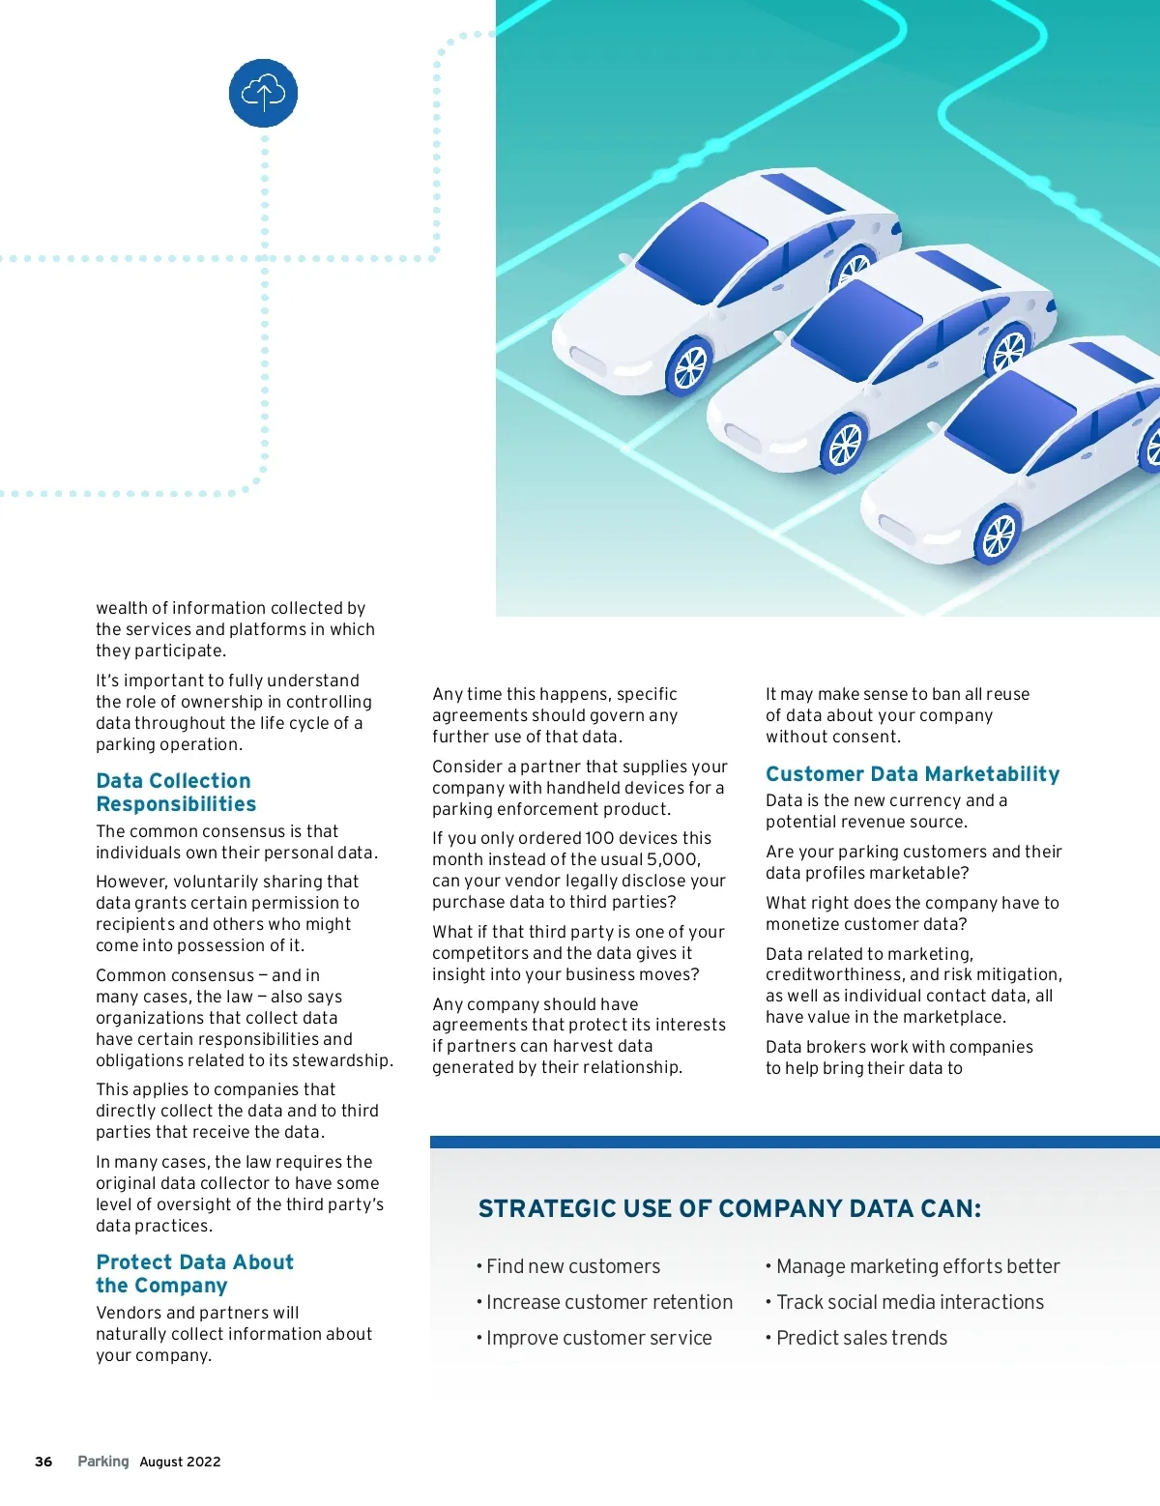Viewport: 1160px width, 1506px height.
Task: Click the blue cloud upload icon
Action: click(x=263, y=93)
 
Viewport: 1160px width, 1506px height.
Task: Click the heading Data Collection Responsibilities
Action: click(x=176, y=793)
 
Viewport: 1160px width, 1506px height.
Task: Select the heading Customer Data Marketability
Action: click(x=913, y=774)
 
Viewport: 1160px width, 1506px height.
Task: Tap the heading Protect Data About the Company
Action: click(x=194, y=1274)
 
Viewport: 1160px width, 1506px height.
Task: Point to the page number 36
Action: click(x=43, y=1462)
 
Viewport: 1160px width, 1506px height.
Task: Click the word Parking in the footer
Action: click(x=103, y=1462)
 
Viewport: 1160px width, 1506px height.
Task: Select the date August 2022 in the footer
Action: click(x=180, y=1462)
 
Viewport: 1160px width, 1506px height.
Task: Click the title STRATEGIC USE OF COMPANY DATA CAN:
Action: click(x=730, y=1209)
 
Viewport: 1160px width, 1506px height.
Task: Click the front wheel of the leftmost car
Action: click(x=690, y=366)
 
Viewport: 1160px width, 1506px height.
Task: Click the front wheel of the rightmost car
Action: click(x=999, y=535)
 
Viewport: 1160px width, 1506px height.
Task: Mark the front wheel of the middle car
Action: click(x=844, y=446)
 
